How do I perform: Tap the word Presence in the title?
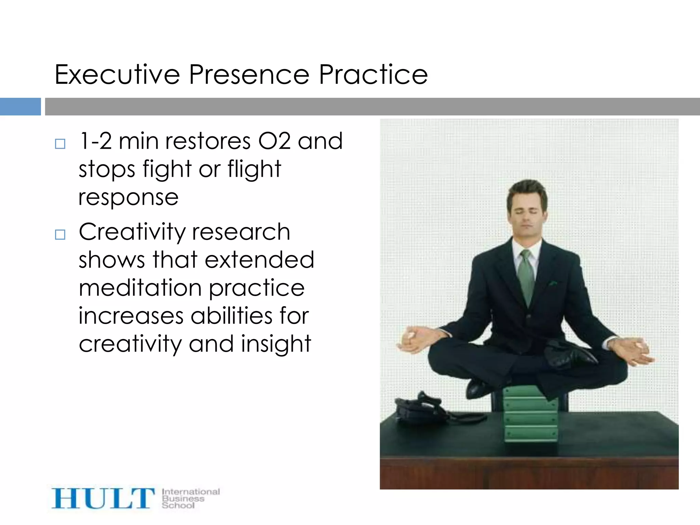point(249,75)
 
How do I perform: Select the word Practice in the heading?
point(373,75)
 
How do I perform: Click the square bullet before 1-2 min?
point(60,144)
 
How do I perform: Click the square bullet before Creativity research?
point(60,234)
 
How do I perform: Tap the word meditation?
point(140,288)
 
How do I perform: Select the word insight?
point(276,344)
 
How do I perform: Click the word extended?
point(259,260)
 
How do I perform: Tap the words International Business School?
point(190,498)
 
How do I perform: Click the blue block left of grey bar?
point(20,107)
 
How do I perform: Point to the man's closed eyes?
point(526,213)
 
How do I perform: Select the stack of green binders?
point(530,415)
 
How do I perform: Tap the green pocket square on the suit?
point(552,283)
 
